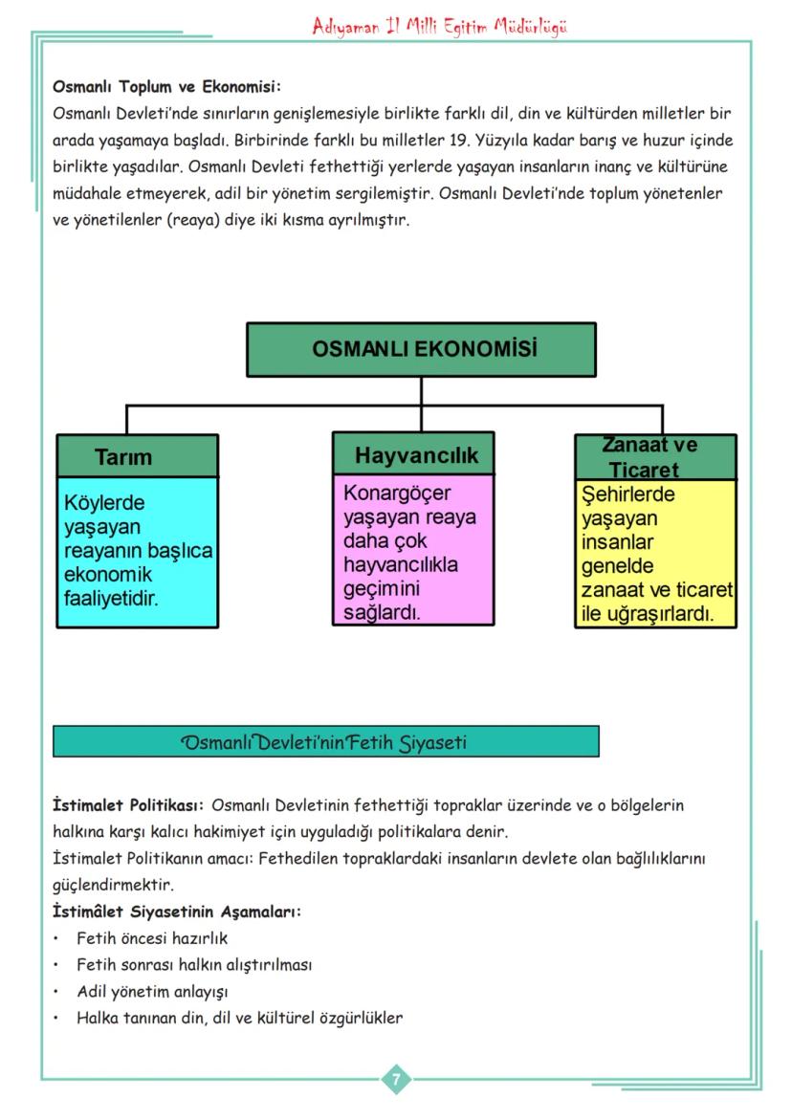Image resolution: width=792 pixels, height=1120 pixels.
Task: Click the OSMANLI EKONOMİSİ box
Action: click(x=424, y=349)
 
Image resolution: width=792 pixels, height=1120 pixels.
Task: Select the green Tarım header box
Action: click(x=137, y=456)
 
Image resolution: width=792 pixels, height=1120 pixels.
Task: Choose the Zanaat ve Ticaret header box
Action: click(x=655, y=456)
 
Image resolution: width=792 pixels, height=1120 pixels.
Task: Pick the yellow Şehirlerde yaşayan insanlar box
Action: click(x=656, y=553)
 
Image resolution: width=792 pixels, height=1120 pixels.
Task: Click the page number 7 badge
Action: click(x=396, y=1079)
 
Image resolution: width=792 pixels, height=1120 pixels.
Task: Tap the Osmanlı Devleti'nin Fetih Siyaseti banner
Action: click(x=325, y=741)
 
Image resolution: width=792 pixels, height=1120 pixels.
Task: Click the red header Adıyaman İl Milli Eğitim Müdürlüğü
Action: click(x=440, y=27)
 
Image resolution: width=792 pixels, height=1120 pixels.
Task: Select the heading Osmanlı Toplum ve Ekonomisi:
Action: click(x=166, y=87)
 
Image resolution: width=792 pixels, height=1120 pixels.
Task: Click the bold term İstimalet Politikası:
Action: click(x=128, y=805)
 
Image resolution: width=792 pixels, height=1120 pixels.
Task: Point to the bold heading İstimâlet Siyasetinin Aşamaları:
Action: click(x=177, y=911)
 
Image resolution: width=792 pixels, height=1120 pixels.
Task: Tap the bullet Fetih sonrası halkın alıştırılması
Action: click(x=193, y=965)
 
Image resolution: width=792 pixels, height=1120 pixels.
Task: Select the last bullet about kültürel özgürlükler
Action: click(x=239, y=1018)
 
